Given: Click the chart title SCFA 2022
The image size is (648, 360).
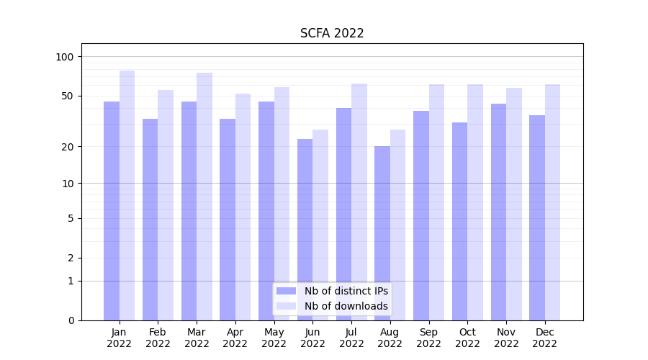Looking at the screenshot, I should [332, 33].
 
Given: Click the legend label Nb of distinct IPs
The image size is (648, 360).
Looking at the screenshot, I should [346, 291].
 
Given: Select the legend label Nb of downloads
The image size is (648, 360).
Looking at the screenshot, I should [346, 306].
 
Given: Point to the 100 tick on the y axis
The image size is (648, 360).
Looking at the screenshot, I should [65, 57].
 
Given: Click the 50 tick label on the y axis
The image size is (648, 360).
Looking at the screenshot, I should [68, 96].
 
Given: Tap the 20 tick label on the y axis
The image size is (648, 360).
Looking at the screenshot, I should [68, 147].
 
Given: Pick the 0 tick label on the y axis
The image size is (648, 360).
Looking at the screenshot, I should [71, 320].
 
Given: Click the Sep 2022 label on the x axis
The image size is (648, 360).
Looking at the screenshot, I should [428, 338].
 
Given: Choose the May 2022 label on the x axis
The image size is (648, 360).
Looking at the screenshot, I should [274, 338].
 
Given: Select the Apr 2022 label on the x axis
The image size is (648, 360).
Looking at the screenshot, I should [235, 338].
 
